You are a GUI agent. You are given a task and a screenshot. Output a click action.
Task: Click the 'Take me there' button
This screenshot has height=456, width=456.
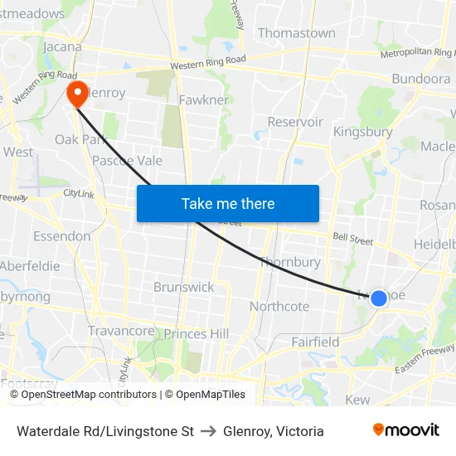(228, 203)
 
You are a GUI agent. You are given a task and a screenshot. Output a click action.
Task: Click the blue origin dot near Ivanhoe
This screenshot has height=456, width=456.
(378, 298)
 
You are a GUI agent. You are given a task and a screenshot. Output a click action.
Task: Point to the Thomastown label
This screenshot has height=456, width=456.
(296, 33)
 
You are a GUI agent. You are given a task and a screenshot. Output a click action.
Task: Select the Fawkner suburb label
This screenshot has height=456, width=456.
(204, 99)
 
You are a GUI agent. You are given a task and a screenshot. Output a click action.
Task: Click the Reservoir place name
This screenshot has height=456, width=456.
(295, 122)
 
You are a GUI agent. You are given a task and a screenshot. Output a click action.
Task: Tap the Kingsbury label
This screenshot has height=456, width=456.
(362, 132)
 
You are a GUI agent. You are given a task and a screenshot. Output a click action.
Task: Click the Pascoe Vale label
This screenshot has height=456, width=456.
(127, 160)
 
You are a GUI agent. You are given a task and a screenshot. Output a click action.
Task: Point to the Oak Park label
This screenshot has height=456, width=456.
(81, 139)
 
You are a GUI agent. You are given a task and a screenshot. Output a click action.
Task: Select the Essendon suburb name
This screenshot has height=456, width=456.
(61, 236)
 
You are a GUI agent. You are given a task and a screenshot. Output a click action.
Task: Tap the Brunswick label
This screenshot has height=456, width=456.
(183, 287)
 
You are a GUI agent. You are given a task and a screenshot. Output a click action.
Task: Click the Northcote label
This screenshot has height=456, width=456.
(279, 306)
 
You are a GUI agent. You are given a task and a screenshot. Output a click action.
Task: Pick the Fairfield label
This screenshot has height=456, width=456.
(315, 342)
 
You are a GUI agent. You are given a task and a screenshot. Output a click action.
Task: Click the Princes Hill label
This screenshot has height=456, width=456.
(196, 333)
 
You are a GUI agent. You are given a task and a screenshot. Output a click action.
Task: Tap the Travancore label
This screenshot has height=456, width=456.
(121, 331)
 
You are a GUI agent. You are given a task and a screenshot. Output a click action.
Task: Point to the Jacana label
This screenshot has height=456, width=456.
(61, 46)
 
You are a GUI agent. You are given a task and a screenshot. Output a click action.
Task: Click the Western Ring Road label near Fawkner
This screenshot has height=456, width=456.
(208, 64)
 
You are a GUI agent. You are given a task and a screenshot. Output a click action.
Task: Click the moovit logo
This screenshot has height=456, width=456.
(405, 429)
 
